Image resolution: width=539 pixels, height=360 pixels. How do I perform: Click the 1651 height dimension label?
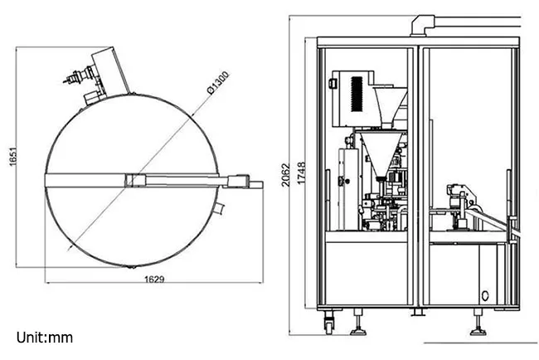[x=12, y=157]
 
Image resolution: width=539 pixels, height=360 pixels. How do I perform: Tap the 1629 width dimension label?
[x=154, y=279]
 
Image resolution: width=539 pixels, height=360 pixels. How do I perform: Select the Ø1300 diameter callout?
[x=218, y=82]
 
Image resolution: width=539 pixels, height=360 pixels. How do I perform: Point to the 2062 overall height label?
[x=285, y=175]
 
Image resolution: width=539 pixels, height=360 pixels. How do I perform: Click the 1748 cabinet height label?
[x=301, y=173]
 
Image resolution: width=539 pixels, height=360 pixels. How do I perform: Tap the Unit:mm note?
[x=45, y=338]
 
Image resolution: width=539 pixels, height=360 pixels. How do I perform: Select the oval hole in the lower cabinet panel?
[x=485, y=295]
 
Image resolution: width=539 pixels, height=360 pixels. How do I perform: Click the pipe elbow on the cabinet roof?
[x=422, y=25]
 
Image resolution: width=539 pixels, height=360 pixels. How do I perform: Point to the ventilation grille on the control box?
[x=357, y=94]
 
